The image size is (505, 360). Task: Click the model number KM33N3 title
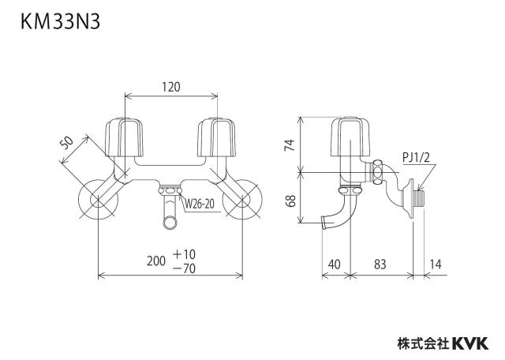60,22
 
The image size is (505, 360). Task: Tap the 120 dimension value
171,87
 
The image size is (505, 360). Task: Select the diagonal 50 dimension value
67,143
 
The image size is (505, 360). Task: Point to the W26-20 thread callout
200,204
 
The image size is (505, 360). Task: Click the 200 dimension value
156,261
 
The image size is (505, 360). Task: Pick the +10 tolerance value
184,254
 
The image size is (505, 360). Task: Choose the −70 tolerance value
184,268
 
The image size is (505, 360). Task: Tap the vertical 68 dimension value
291,201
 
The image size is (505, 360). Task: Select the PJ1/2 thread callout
416,158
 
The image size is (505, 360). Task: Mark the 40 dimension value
335,264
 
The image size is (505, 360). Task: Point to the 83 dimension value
380,264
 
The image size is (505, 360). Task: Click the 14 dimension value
436,264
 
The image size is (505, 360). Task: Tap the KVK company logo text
470,343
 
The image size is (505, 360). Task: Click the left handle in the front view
125,137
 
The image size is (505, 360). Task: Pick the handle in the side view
350,137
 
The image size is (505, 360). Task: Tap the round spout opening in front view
170,223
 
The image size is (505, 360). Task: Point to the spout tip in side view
324,223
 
